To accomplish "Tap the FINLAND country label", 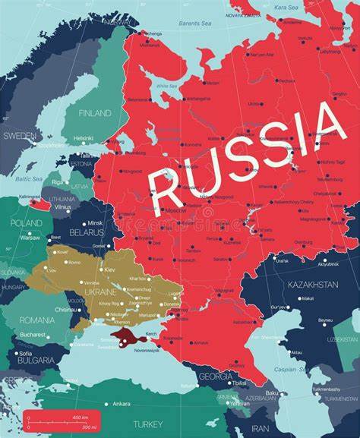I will click(x=95, y=113).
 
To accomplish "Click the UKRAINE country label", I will click(x=101, y=291).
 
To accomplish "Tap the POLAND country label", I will click(x=27, y=223).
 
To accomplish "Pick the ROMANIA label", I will click(x=37, y=320).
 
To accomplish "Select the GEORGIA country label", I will click(x=215, y=376).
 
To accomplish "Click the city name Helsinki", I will click(x=84, y=138).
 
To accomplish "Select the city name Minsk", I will click(x=95, y=223).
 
